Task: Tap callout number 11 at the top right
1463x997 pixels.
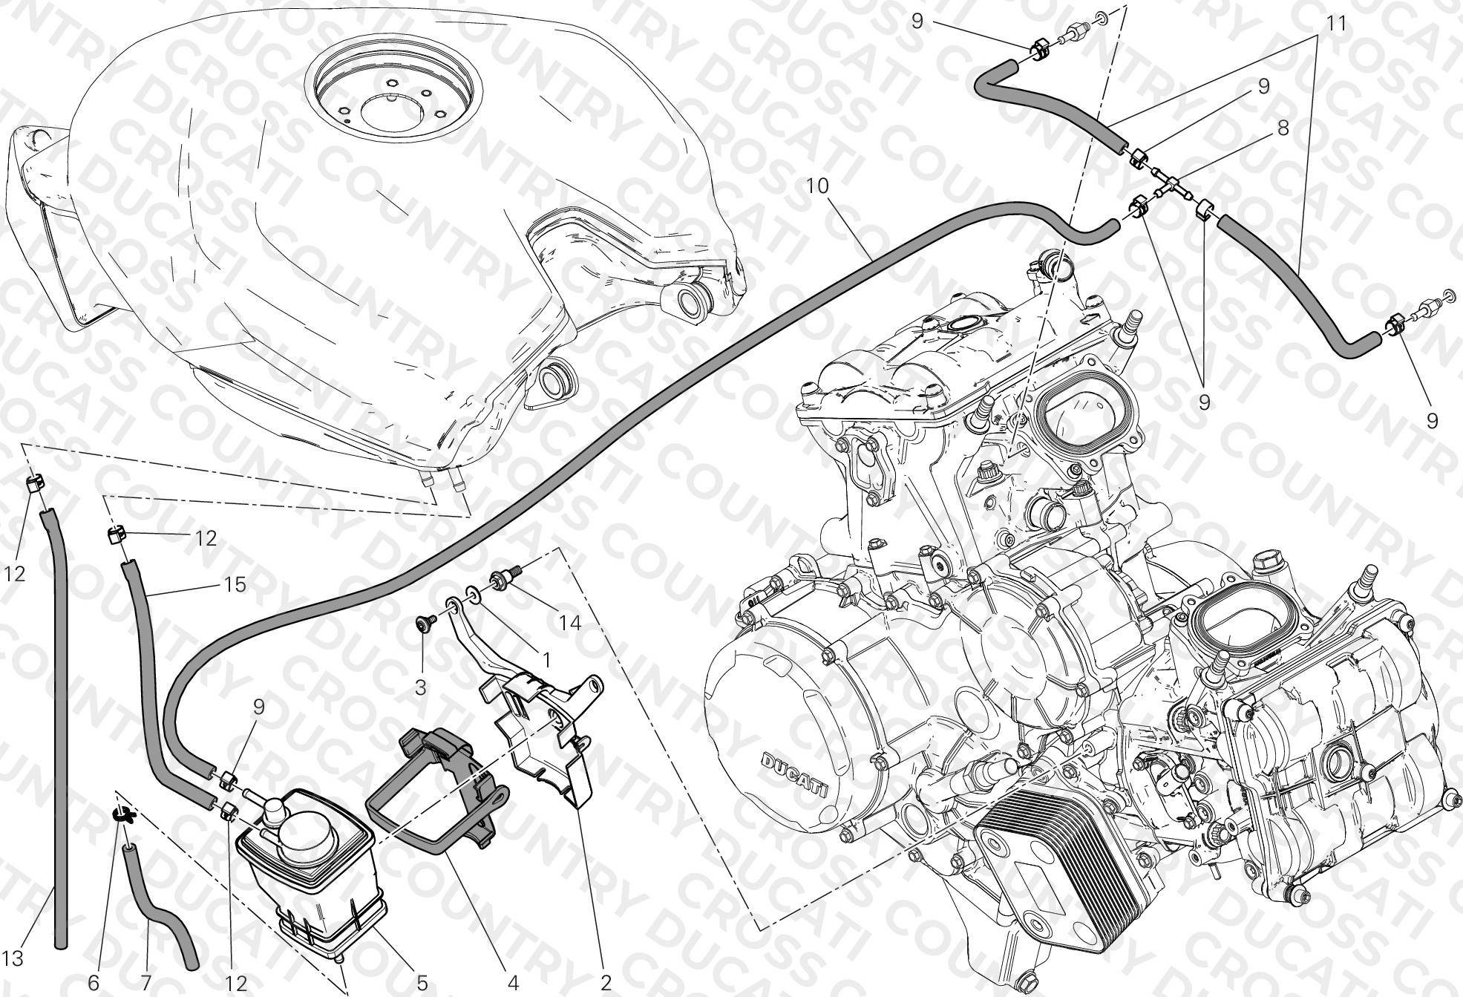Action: point(1336,24)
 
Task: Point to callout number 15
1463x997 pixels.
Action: point(234,585)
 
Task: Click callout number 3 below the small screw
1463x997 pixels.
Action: point(420,687)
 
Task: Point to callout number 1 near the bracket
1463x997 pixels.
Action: point(546,659)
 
